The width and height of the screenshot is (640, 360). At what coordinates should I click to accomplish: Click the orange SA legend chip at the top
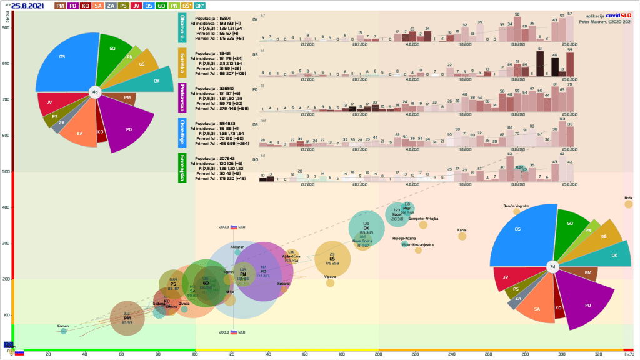click(98, 6)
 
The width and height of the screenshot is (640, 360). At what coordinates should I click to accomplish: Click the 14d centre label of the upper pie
click(94, 92)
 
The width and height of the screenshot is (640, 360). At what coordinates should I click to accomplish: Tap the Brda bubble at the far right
click(629, 204)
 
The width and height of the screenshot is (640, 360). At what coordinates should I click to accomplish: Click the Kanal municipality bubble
click(462, 236)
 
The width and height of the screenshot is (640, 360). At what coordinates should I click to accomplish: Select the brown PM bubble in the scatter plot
click(127, 319)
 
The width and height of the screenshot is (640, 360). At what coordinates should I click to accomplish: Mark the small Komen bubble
click(64, 331)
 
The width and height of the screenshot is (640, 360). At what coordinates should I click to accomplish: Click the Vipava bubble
click(330, 282)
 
